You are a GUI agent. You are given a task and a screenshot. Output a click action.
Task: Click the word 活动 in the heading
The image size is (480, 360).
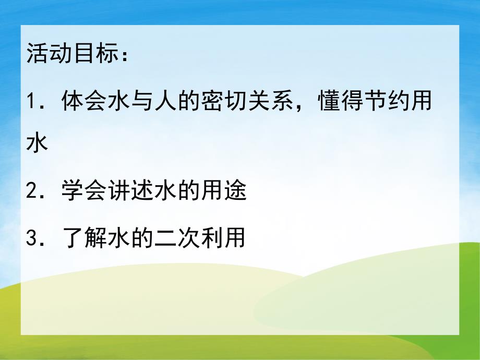[x=47, y=54]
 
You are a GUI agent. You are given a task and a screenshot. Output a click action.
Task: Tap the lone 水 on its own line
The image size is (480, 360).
[x=37, y=143]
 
